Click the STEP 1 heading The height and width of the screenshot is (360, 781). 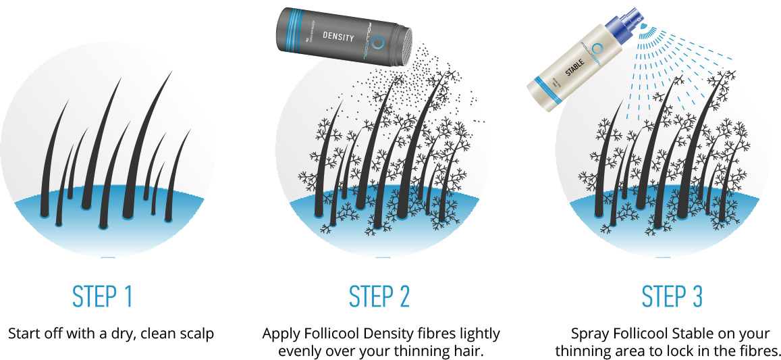click(103, 297)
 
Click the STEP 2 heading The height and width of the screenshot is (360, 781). click(379, 297)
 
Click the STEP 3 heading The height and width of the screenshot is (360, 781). click(672, 297)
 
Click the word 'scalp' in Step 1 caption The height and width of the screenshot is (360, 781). click(196, 334)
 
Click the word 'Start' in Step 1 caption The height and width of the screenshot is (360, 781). click(25, 334)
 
